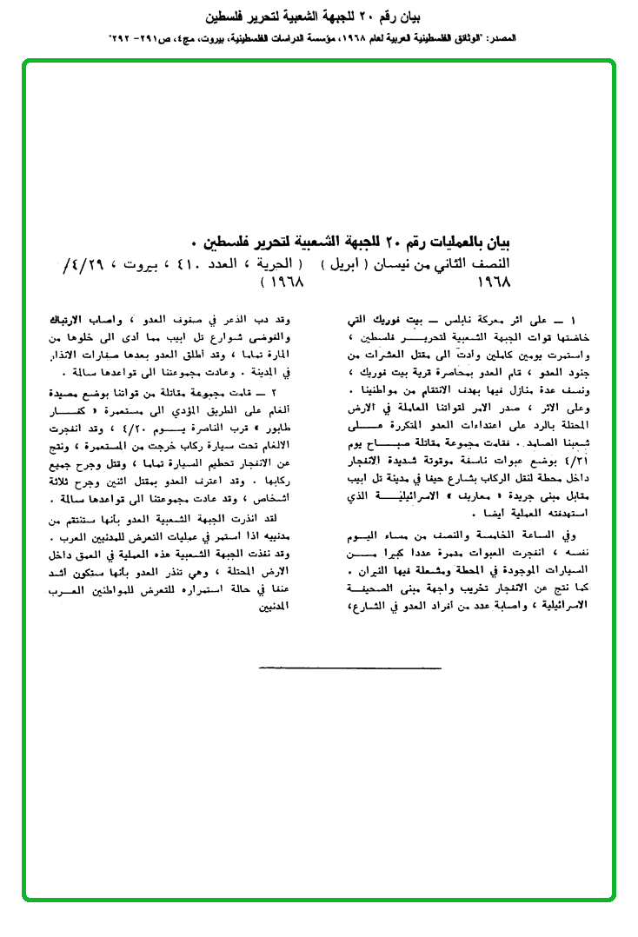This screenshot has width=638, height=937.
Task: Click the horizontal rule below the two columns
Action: [350, 668]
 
